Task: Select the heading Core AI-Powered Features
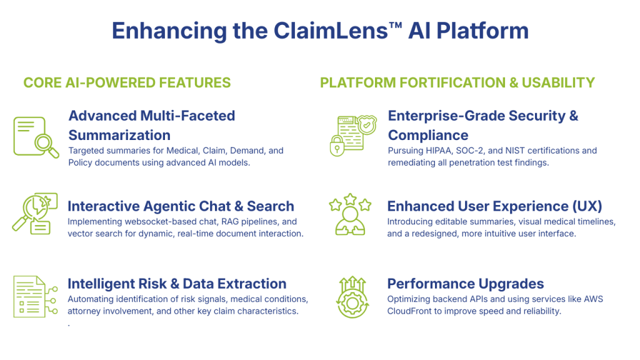[127, 82]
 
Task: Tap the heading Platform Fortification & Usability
[457, 82]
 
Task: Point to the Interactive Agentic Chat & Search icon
[35, 213]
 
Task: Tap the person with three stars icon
[350, 216]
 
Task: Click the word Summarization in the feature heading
[119, 135]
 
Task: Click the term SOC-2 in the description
[472, 151]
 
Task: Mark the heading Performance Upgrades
[466, 284]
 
